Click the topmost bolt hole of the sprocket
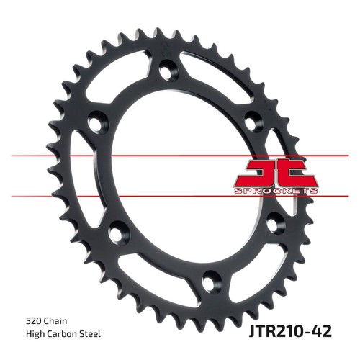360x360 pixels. [166, 69]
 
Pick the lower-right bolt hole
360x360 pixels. [273, 224]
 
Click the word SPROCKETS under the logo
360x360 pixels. [276, 191]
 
